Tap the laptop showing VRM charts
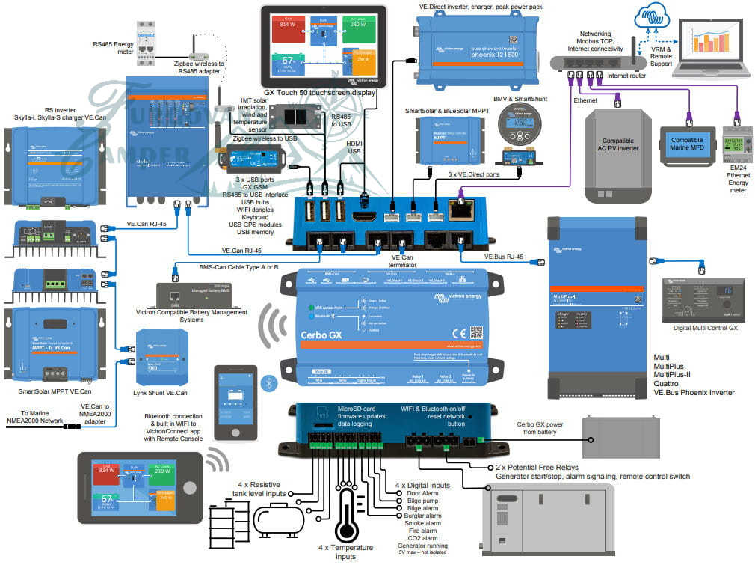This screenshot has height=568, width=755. (712, 46)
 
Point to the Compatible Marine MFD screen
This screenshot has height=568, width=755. (687, 145)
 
